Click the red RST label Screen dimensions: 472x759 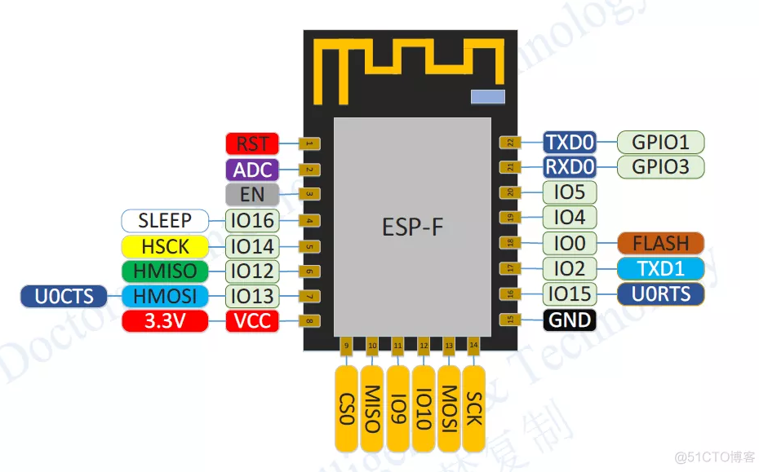coord(252,143)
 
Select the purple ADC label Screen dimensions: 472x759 coord(252,170)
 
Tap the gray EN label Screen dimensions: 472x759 coord(252,195)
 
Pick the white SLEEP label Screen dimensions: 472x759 coord(165,220)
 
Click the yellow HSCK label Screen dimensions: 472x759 coord(165,246)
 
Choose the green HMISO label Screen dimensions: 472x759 coord(165,271)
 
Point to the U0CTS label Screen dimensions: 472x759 coord(64,297)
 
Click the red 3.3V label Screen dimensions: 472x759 coord(165,321)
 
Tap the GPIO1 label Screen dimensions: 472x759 coord(660,143)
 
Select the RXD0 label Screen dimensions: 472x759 coord(570,168)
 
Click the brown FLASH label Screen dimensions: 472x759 coord(660,243)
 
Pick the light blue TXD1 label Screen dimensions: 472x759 coord(660,268)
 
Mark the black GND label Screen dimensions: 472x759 coord(570,320)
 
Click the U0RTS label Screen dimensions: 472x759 coord(660,293)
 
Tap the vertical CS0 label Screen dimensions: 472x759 coord(347,408)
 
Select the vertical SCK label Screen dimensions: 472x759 coord(474,408)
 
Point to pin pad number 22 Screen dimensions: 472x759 coord(510,143)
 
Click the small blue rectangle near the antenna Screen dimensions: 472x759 coord(488,97)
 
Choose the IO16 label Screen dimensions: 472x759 coord(252,220)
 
